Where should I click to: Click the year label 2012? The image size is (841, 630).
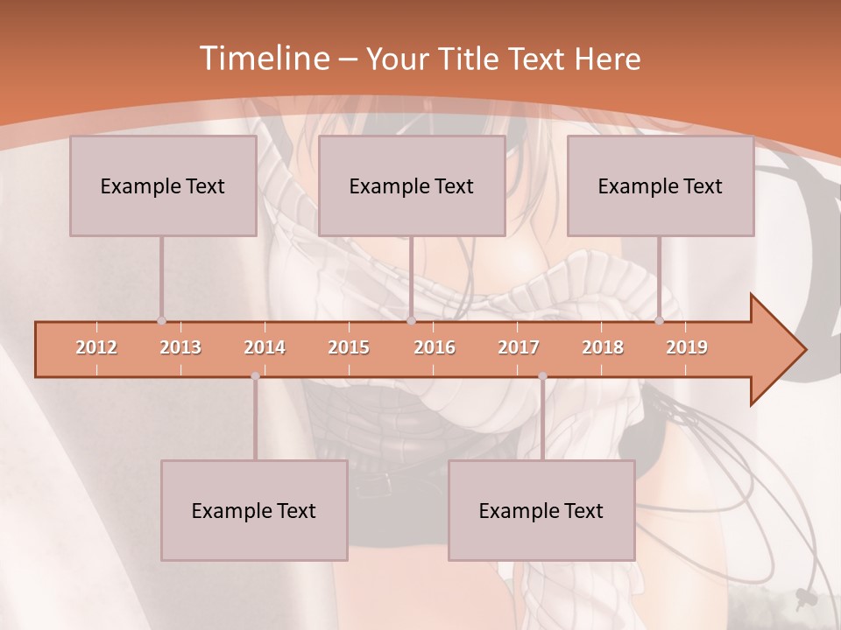(96, 347)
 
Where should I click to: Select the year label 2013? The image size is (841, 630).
(180, 347)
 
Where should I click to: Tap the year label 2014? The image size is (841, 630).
(265, 347)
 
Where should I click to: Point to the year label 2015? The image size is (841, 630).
(349, 347)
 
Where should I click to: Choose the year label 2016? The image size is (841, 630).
(435, 347)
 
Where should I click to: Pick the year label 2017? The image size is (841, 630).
(519, 347)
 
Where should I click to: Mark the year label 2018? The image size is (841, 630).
(603, 347)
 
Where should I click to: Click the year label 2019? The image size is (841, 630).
(687, 347)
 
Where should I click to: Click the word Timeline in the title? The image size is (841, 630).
(263, 59)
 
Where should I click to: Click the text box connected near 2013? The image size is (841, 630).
(163, 185)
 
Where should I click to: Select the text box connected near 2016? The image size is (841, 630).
(412, 185)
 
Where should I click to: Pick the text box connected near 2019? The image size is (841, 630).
(661, 185)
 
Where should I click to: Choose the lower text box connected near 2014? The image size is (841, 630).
(254, 510)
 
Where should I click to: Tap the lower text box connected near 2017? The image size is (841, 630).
(541, 510)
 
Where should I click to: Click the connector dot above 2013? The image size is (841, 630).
(161, 320)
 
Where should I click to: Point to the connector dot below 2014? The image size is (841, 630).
(255, 376)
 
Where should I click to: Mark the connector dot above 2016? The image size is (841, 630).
(411, 320)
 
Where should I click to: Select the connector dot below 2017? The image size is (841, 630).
(542, 376)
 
